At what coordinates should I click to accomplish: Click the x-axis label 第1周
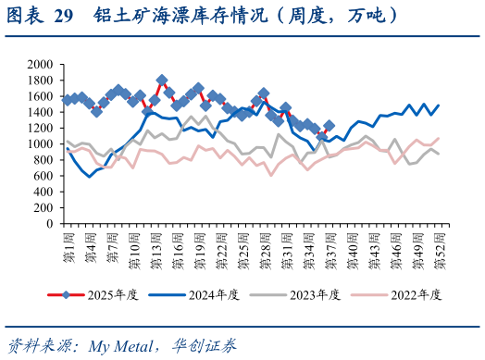click(x=67, y=244)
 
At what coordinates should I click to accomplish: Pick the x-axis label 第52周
click(x=437, y=246)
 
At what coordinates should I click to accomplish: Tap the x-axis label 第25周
click(x=242, y=246)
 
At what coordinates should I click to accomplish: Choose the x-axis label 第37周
click(x=329, y=246)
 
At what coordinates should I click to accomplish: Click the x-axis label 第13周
click(x=155, y=246)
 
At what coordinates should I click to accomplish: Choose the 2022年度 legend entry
click(x=420, y=295)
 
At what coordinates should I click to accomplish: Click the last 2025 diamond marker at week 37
click(x=329, y=125)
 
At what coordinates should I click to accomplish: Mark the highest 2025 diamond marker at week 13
click(x=162, y=81)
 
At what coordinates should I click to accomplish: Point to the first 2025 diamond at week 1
click(x=67, y=99)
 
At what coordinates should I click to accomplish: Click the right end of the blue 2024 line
click(x=438, y=106)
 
